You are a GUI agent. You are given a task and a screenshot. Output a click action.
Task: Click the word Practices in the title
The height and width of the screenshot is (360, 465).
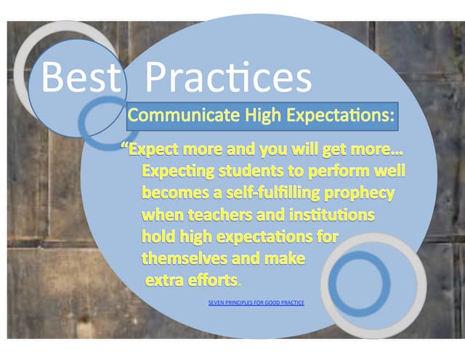[x=228, y=77]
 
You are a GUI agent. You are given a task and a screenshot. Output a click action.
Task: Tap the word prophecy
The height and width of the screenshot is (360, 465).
[x=361, y=193]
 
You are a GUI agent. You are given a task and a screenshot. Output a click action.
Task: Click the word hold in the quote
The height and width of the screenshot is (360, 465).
[x=157, y=236]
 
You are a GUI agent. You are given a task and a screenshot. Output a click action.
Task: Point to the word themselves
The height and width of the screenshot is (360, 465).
[x=184, y=258]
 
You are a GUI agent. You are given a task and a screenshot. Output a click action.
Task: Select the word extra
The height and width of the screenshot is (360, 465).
[x=165, y=280]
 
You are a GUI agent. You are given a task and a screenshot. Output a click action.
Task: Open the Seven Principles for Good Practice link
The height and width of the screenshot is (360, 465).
[x=256, y=302]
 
